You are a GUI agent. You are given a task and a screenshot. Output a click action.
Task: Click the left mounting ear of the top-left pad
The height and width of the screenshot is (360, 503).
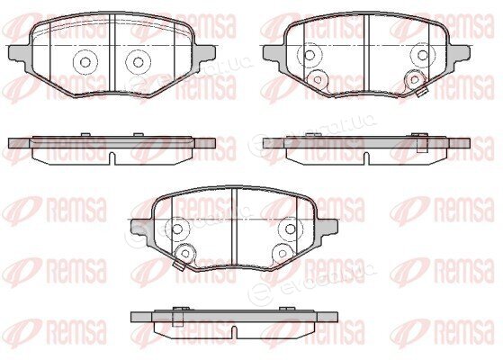(x=19, y=54)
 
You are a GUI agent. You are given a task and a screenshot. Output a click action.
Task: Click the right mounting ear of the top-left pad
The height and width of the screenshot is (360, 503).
(x=204, y=54)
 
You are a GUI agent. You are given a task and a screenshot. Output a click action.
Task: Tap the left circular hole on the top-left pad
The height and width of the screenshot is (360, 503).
(x=85, y=62)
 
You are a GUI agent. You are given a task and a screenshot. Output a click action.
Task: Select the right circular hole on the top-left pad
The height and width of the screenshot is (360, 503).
(x=139, y=62)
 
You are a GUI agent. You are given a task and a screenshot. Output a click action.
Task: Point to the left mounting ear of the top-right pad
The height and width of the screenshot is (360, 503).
(x=274, y=54)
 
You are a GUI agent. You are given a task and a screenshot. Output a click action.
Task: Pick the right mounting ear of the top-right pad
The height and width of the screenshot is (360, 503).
(x=459, y=54)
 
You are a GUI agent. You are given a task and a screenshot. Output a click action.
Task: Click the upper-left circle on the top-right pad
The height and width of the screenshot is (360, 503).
(x=310, y=55)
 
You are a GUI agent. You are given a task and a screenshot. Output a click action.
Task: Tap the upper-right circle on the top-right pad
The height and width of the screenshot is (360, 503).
(x=423, y=55)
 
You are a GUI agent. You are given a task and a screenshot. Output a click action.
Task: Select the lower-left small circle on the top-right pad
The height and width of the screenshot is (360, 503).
(x=318, y=79)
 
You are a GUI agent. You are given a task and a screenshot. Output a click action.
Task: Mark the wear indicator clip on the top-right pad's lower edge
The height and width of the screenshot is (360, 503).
(x=423, y=93)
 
